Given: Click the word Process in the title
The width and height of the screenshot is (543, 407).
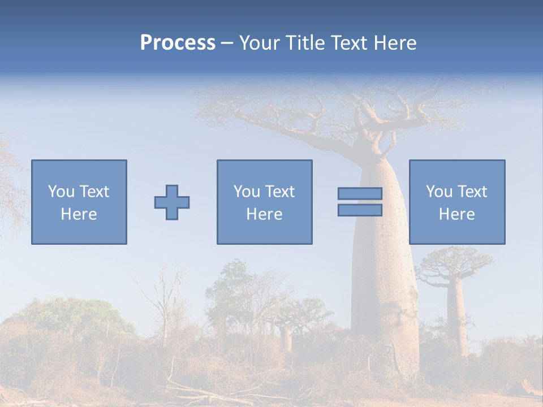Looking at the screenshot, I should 178,43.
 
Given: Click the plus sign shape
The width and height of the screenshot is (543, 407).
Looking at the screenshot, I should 172,202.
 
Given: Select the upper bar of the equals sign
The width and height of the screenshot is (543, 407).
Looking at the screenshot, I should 360,194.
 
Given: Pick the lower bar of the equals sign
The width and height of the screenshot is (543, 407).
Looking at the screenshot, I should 360,210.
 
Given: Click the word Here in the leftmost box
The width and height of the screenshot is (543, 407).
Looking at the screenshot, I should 79,214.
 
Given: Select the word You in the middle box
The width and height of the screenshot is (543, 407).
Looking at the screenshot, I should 247,192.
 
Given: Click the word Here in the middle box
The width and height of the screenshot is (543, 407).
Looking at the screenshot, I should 265,214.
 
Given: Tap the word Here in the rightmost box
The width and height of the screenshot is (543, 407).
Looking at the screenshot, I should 457,214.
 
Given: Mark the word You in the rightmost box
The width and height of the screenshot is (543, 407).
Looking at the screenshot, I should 439,192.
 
